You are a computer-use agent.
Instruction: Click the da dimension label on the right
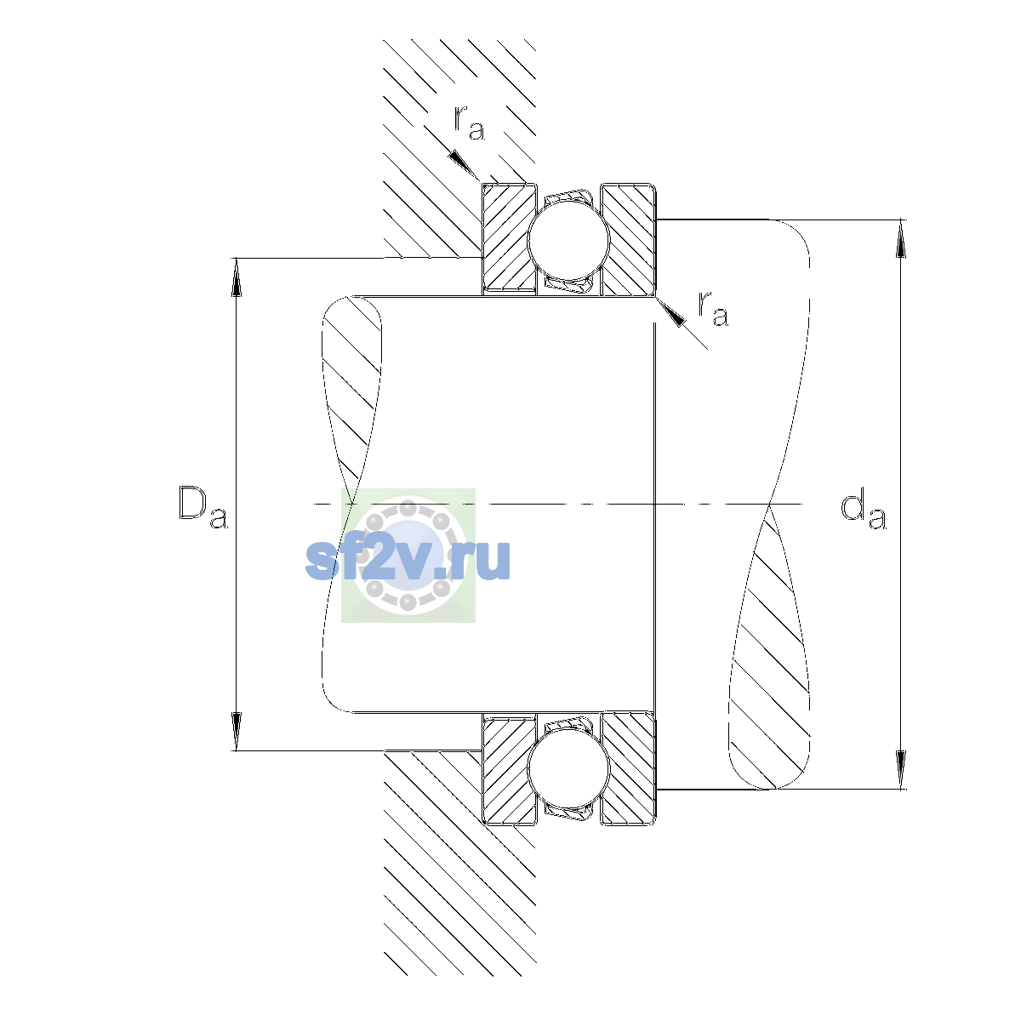(863, 511)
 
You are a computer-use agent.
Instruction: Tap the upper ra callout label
(469, 123)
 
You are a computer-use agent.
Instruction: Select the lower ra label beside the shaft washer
(713, 308)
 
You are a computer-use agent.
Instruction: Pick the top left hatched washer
(509, 239)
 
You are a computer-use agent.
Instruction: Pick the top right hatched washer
(629, 239)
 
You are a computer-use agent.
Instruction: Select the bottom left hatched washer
(509, 769)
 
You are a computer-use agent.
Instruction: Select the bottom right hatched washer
(629, 769)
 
